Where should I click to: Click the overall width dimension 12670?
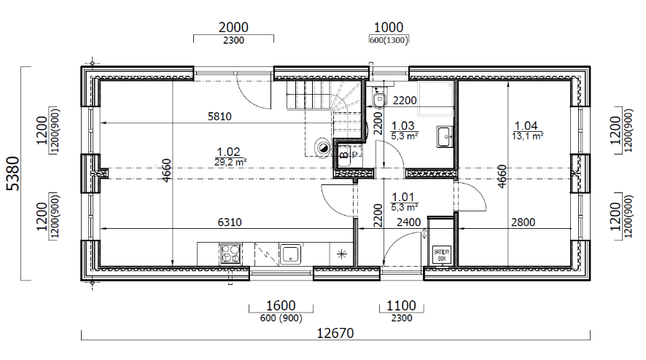pyautogui.click(x=335, y=333)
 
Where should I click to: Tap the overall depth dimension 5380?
pyautogui.click(x=14, y=173)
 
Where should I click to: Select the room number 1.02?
pyautogui.click(x=228, y=152)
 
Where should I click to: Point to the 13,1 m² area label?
pyautogui.click(x=527, y=136)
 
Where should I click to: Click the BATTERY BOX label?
pyautogui.click(x=442, y=254)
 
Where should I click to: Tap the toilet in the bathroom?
pyautogui.click(x=378, y=99)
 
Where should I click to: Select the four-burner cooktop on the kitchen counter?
pyautogui.click(x=230, y=254)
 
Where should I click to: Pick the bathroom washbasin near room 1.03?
pyautogui.click(x=445, y=137)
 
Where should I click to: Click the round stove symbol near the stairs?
pyautogui.click(x=322, y=147)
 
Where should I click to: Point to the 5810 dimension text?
pyautogui.click(x=219, y=117)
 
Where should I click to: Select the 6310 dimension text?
pyautogui.click(x=230, y=222)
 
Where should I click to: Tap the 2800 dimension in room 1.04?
pyautogui.click(x=523, y=222)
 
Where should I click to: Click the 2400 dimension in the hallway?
pyautogui.click(x=408, y=222)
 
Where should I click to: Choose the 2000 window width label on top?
pyautogui.click(x=233, y=27)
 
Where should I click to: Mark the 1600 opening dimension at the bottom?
pyautogui.click(x=281, y=305)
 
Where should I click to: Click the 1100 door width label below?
pyautogui.click(x=401, y=305)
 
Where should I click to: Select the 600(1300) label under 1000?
pyautogui.click(x=389, y=40)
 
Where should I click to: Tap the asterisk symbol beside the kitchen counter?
pyautogui.click(x=341, y=254)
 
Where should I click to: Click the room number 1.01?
pyautogui.click(x=403, y=197)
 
